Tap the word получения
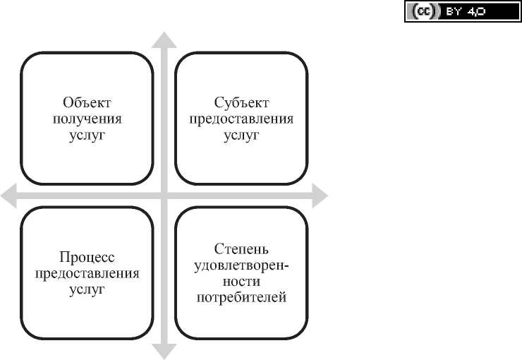coord(87,118)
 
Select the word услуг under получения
coord(87,135)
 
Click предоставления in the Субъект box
coord(241,118)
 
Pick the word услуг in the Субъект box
coord(241,135)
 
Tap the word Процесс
coord(87,257)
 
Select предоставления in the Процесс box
coord(87,274)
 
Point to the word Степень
coord(241,248)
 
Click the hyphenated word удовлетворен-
coord(241,265)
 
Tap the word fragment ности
coord(241,281)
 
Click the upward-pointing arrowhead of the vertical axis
coord(164,40)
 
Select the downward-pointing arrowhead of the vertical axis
coord(164,350)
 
